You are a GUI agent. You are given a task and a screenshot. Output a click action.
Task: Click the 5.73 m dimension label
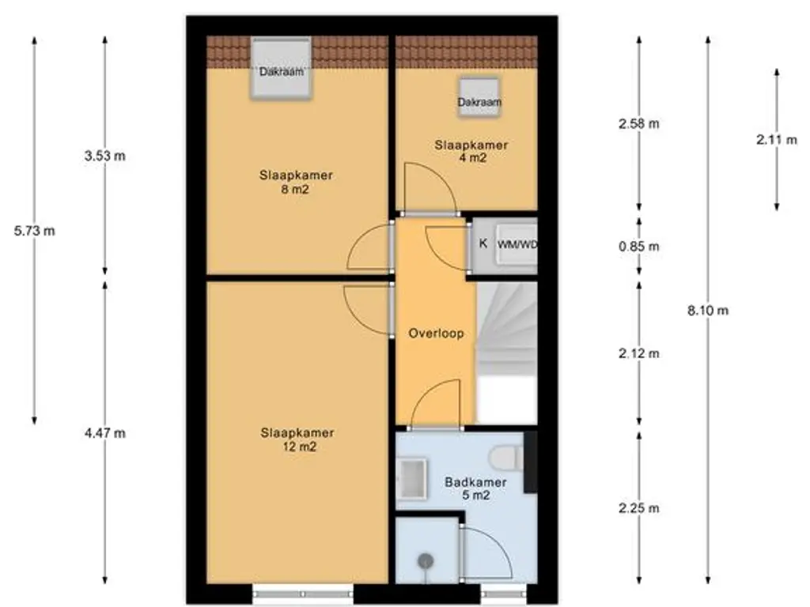(34, 231)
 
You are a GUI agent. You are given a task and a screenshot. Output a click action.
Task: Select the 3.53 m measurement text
(105, 156)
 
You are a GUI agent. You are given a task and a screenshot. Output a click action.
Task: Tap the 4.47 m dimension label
(105, 433)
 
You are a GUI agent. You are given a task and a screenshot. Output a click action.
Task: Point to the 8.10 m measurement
(708, 310)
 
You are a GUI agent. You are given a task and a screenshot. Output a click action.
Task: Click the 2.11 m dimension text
(777, 139)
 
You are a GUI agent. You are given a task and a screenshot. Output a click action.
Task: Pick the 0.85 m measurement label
(639, 247)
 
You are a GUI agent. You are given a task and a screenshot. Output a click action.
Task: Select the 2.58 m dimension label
(639, 124)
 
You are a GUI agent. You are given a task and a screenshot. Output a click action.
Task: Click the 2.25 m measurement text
(639, 508)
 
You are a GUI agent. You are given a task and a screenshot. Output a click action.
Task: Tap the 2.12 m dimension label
(639, 353)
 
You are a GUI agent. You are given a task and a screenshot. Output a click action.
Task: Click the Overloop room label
(436, 334)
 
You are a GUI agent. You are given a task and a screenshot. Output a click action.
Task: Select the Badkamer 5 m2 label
(475, 488)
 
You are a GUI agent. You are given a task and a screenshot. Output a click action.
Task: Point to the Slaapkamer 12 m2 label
(297, 439)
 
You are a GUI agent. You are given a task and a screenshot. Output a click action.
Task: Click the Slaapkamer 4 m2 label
(471, 151)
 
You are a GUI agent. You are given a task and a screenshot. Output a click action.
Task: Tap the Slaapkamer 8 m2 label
(296, 183)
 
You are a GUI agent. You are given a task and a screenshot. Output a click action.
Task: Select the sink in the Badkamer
(411, 479)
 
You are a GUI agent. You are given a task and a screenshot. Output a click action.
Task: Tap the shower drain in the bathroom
(426, 560)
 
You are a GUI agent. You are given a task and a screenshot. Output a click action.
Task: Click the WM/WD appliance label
(517, 245)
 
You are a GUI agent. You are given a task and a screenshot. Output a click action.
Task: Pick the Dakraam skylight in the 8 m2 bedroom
(282, 67)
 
